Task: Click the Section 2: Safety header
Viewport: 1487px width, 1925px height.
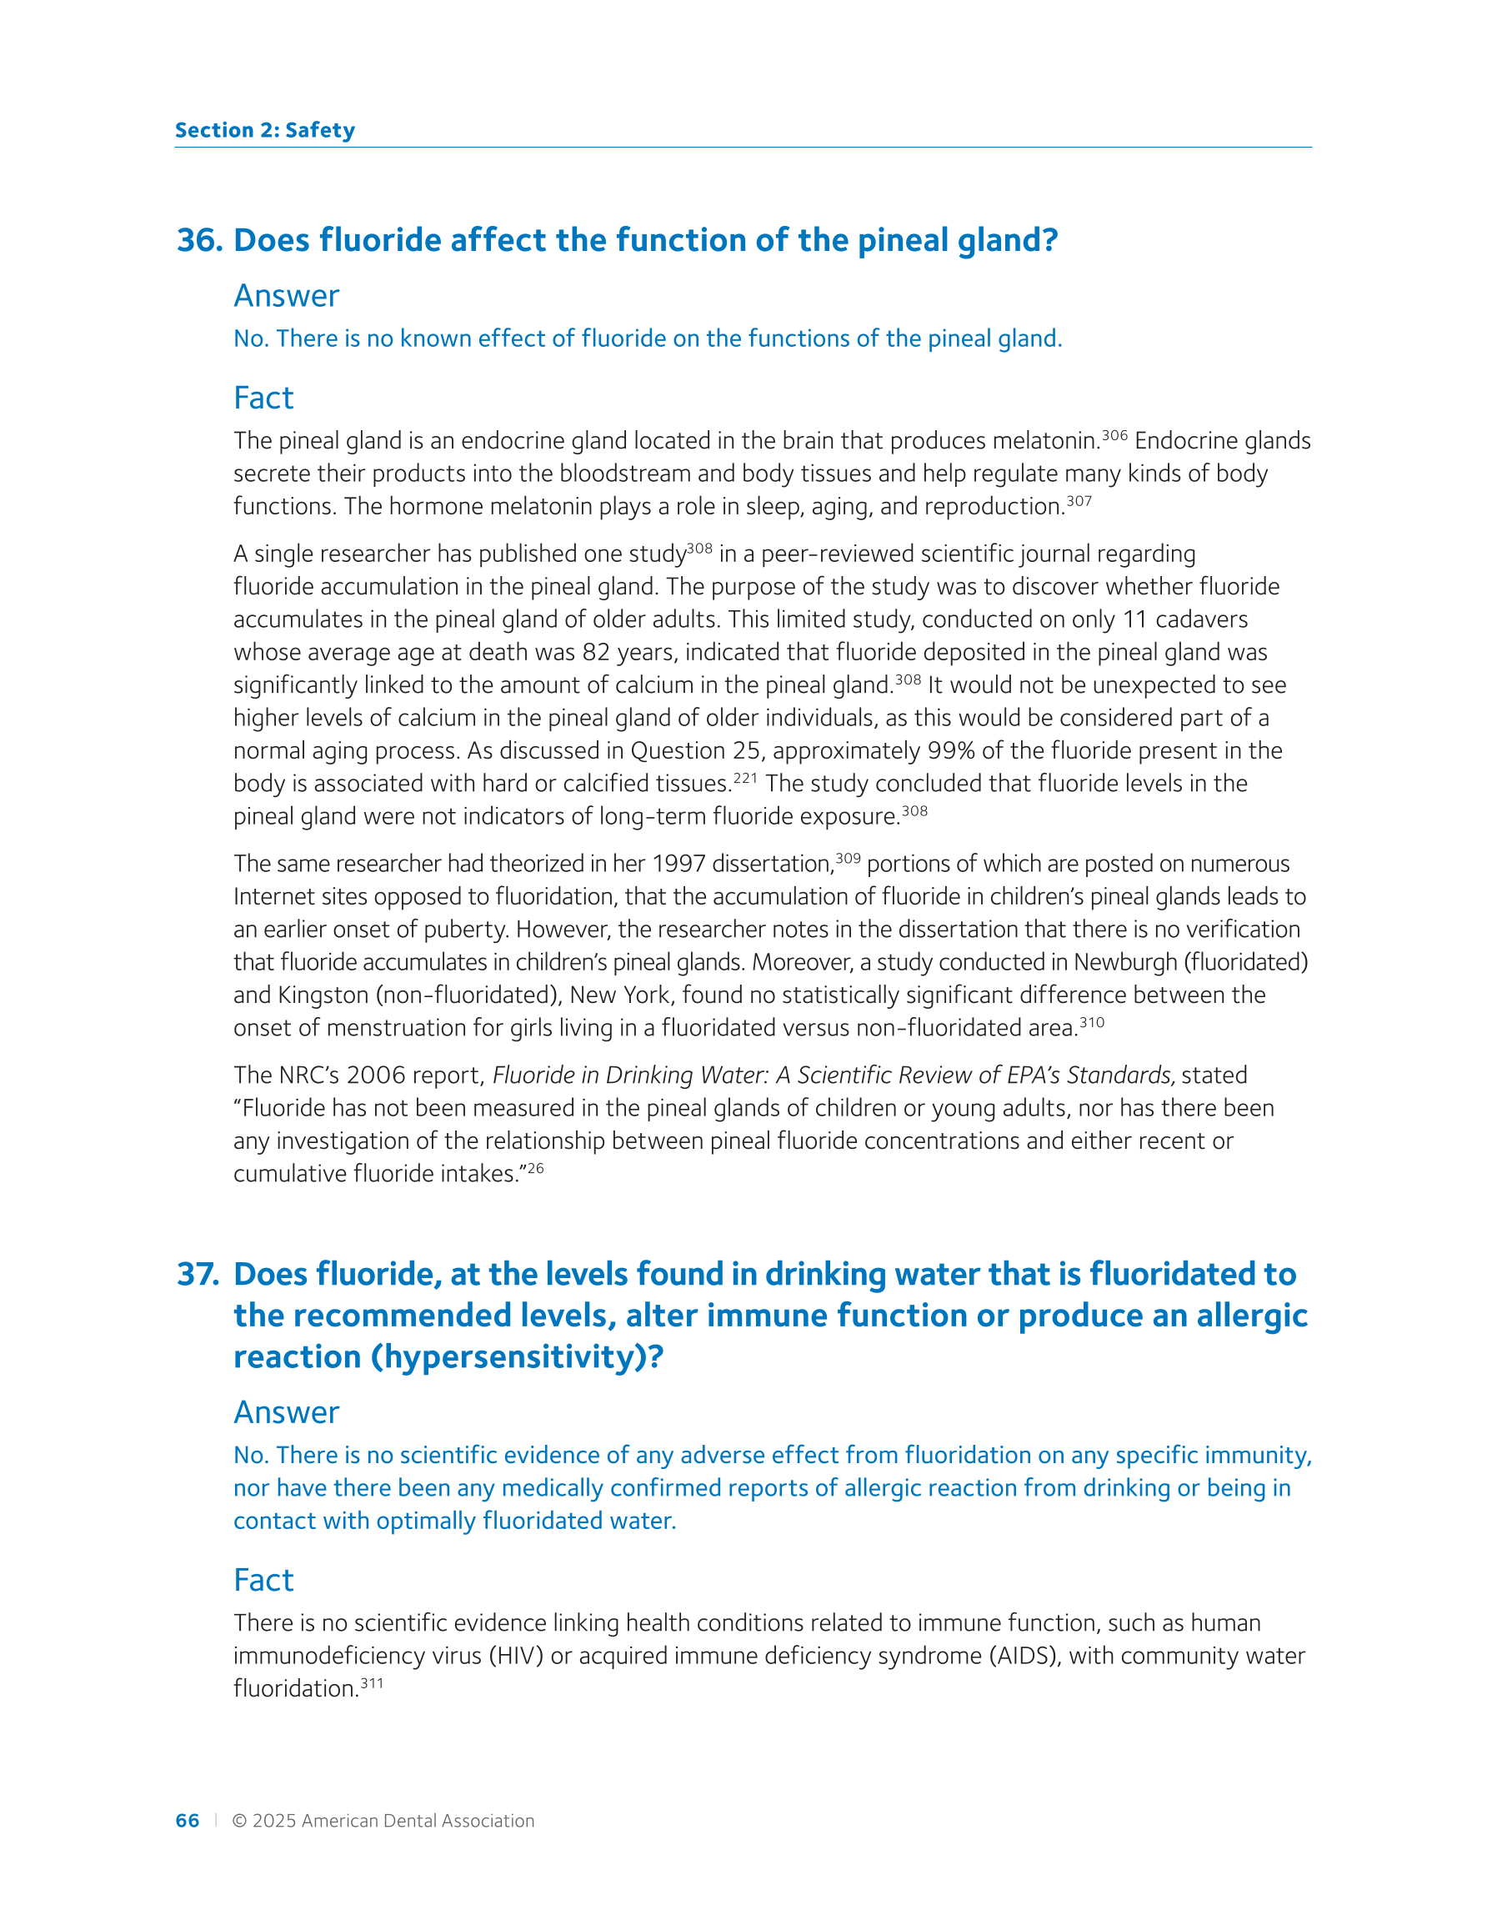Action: coord(264,130)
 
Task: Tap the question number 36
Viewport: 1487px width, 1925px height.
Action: coord(199,241)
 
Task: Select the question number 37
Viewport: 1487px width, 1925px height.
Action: coord(198,1275)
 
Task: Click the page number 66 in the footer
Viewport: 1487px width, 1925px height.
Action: coord(187,1820)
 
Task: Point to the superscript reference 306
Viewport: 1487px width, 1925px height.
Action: coord(1114,435)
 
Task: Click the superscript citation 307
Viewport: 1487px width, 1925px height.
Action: coord(1079,502)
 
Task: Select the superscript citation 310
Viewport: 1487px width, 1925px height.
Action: coord(1091,1022)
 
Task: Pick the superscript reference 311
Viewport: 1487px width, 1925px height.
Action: coord(372,1682)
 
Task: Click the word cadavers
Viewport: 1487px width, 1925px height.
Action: coord(1201,619)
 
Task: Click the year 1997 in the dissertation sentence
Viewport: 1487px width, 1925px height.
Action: coord(678,864)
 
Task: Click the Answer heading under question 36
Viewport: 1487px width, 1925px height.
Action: coord(286,296)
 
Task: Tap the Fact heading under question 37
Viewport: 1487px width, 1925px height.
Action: coord(263,1581)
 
